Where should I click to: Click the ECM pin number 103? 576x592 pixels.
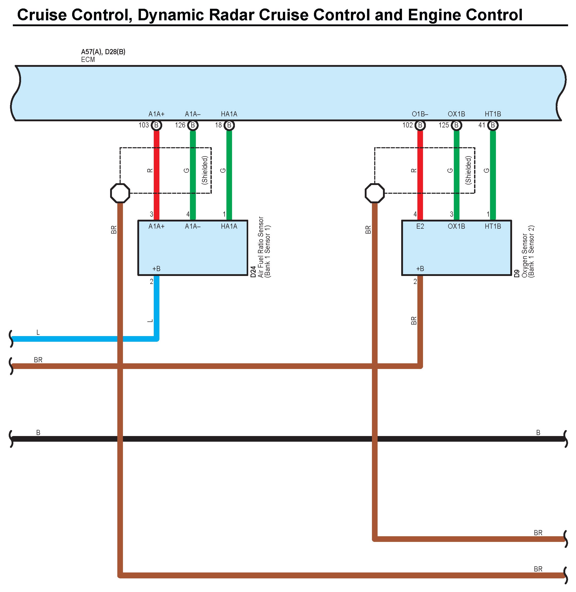144,125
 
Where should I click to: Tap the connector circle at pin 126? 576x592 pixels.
193,125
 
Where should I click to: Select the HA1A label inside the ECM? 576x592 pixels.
229,114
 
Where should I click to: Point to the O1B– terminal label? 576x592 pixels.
420,114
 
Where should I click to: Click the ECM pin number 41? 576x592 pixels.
482,125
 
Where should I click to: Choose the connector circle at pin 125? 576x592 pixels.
456,125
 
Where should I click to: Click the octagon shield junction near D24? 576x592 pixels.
120,193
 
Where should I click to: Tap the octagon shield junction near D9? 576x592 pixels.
375,193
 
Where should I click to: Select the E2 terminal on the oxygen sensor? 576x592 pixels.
420,226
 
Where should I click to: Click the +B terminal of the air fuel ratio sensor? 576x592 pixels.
156,269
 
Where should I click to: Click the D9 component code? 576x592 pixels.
517,273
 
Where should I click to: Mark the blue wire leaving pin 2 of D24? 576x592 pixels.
156,306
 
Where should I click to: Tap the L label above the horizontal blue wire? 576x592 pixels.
38,332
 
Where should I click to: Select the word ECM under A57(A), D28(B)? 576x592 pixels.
88,60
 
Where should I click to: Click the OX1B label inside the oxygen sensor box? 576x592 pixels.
456,226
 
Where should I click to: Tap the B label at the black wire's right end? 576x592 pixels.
538,433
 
